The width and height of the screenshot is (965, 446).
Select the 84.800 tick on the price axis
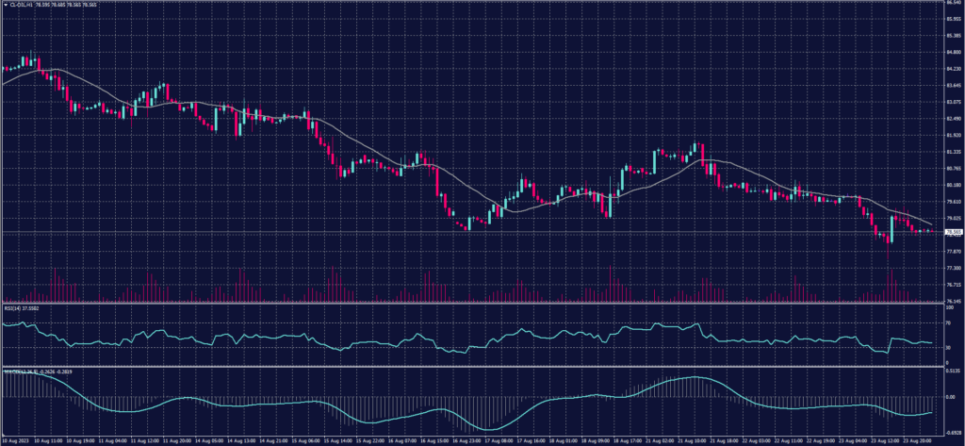click(953, 52)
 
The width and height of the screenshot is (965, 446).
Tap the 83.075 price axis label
click(953, 101)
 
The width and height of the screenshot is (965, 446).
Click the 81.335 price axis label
click(953, 151)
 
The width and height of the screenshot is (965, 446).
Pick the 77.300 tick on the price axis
click(953, 268)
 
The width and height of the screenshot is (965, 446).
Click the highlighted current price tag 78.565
click(954, 231)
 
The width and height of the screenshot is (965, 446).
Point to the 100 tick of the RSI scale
click(948, 307)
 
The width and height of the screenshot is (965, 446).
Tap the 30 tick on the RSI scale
click(947, 348)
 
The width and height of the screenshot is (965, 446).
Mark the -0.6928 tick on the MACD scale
click(953, 430)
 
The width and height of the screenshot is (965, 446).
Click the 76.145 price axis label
click(953, 301)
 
